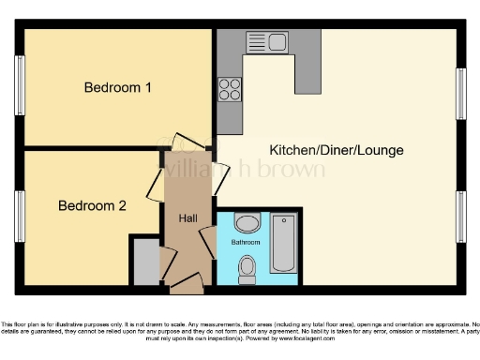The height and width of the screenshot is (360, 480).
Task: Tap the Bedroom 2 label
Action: [92, 205]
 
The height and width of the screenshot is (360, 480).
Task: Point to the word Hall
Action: [188, 218]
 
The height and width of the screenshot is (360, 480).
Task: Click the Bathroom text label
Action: [247, 243]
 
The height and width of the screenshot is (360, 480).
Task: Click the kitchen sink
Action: [269, 41]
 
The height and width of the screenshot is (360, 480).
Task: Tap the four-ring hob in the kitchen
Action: [229, 89]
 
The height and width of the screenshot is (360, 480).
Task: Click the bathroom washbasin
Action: [247, 223]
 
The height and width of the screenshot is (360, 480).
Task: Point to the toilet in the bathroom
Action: [247, 269]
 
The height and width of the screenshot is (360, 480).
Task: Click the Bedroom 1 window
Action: [19, 86]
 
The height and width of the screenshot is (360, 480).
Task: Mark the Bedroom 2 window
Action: [19, 217]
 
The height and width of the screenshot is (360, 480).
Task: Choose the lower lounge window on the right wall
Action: [460, 217]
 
